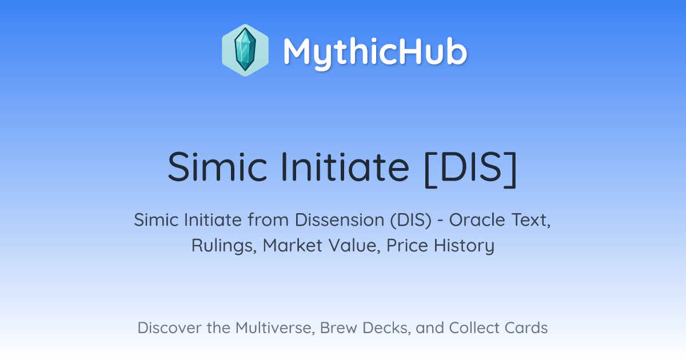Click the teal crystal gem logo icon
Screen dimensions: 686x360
tap(245, 50)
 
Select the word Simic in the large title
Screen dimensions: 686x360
tap(217, 167)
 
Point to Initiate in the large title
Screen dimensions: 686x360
tap(345, 167)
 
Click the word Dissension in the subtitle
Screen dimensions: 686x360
tap(340, 220)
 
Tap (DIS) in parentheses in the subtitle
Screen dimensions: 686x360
tap(410, 220)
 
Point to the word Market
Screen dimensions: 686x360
tap(293, 246)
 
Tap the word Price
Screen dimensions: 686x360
tap(407, 246)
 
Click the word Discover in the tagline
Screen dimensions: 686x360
tap(169, 328)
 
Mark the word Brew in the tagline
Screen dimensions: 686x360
tap(338, 328)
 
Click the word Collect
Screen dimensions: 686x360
tap(474, 328)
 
